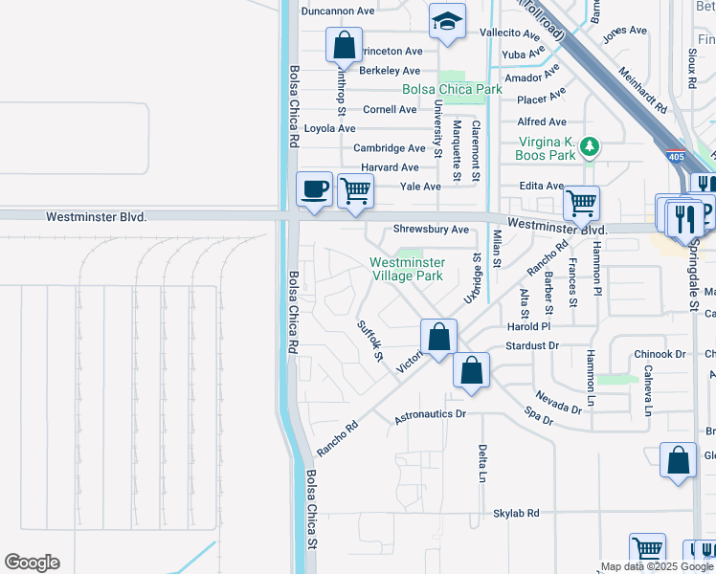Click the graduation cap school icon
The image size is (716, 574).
(x=447, y=21)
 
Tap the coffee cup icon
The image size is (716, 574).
(x=314, y=188)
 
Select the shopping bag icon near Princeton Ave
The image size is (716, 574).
(x=344, y=44)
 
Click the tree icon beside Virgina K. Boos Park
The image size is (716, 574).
(x=592, y=146)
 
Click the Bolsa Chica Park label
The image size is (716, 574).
(x=452, y=89)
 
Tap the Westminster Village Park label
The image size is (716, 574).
(x=407, y=269)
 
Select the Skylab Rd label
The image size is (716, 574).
(x=517, y=514)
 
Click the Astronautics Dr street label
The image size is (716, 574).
(x=430, y=415)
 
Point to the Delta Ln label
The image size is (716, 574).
(x=483, y=463)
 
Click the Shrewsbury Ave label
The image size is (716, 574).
(x=432, y=230)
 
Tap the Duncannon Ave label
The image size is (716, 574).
(x=337, y=11)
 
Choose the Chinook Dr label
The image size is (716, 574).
(x=660, y=354)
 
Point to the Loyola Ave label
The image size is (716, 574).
(x=329, y=128)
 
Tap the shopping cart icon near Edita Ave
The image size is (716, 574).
(x=581, y=203)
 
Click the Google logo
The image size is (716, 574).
(x=32, y=563)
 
